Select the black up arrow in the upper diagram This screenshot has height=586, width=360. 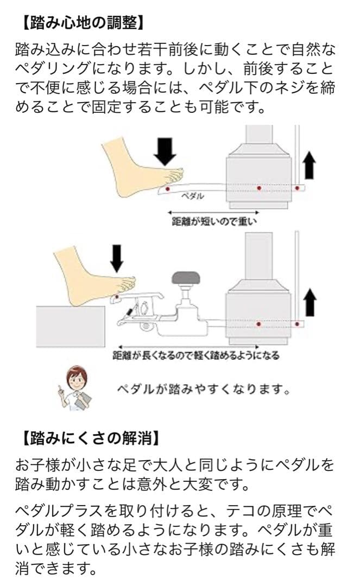pos(310,164)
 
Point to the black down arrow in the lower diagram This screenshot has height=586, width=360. pos(116,258)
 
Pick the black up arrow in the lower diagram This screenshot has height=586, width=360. pos(310,302)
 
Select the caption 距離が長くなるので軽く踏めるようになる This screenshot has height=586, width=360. pos(196,355)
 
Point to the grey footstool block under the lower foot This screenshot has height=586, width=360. pos(71,324)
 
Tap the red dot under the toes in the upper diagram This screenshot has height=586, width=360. pos(167,188)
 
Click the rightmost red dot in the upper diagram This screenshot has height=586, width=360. pos(297,188)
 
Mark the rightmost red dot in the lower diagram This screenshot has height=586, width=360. pos(297,324)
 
